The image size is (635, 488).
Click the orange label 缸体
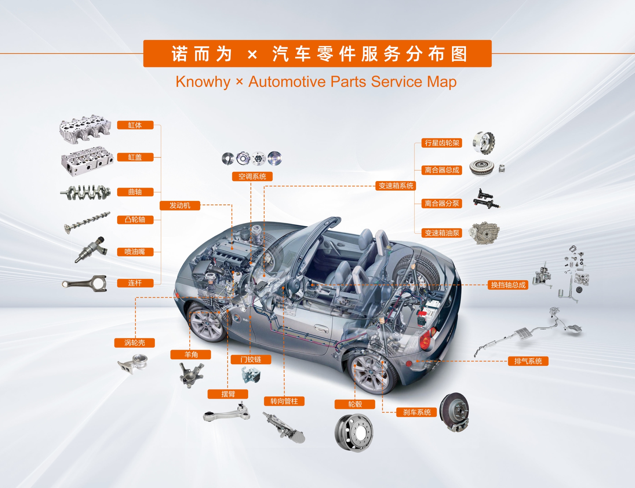pyautogui.click(x=135, y=125)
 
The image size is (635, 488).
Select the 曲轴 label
pyautogui.click(x=135, y=192)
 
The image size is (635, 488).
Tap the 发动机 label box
pyautogui.click(x=180, y=206)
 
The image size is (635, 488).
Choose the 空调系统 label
pyautogui.click(x=252, y=176)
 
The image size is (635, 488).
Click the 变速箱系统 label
pyautogui.click(x=396, y=186)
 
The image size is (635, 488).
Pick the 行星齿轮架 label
pyautogui.click(x=442, y=143)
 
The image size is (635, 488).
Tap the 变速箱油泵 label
pyautogui.click(x=442, y=233)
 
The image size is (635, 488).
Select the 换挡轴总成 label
pyautogui.click(x=508, y=285)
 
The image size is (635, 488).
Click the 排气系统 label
pyautogui.click(x=528, y=361)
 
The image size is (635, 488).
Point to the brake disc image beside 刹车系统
pyautogui.click(x=455, y=412)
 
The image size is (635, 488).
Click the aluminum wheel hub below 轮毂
pyautogui.click(x=354, y=432)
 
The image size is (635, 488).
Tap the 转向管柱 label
pyautogui.click(x=284, y=401)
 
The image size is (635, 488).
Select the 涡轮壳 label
pyautogui.click(x=134, y=343)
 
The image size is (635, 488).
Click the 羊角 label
pyautogui.click(x=191, y=355)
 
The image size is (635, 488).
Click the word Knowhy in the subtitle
pyautogui.click(x=203, y=82)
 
